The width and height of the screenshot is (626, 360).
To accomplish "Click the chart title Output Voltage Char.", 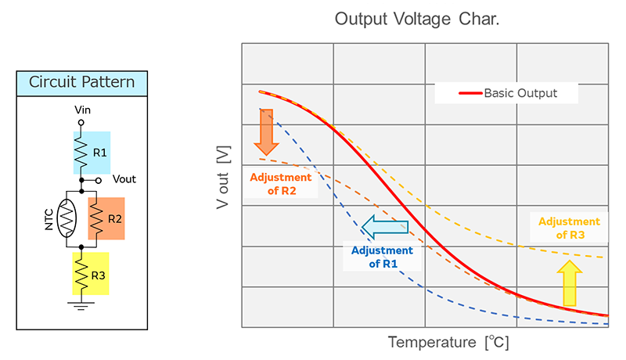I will click(417, 19).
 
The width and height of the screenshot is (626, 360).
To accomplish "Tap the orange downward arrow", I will click(267, 132).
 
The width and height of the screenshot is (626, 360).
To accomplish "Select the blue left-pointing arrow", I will click(390, 226).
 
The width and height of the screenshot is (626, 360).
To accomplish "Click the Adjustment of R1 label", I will click(382, 257).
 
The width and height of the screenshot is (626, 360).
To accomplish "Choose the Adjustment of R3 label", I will click(570, 229).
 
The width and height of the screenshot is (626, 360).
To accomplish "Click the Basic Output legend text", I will click(520, 93).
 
